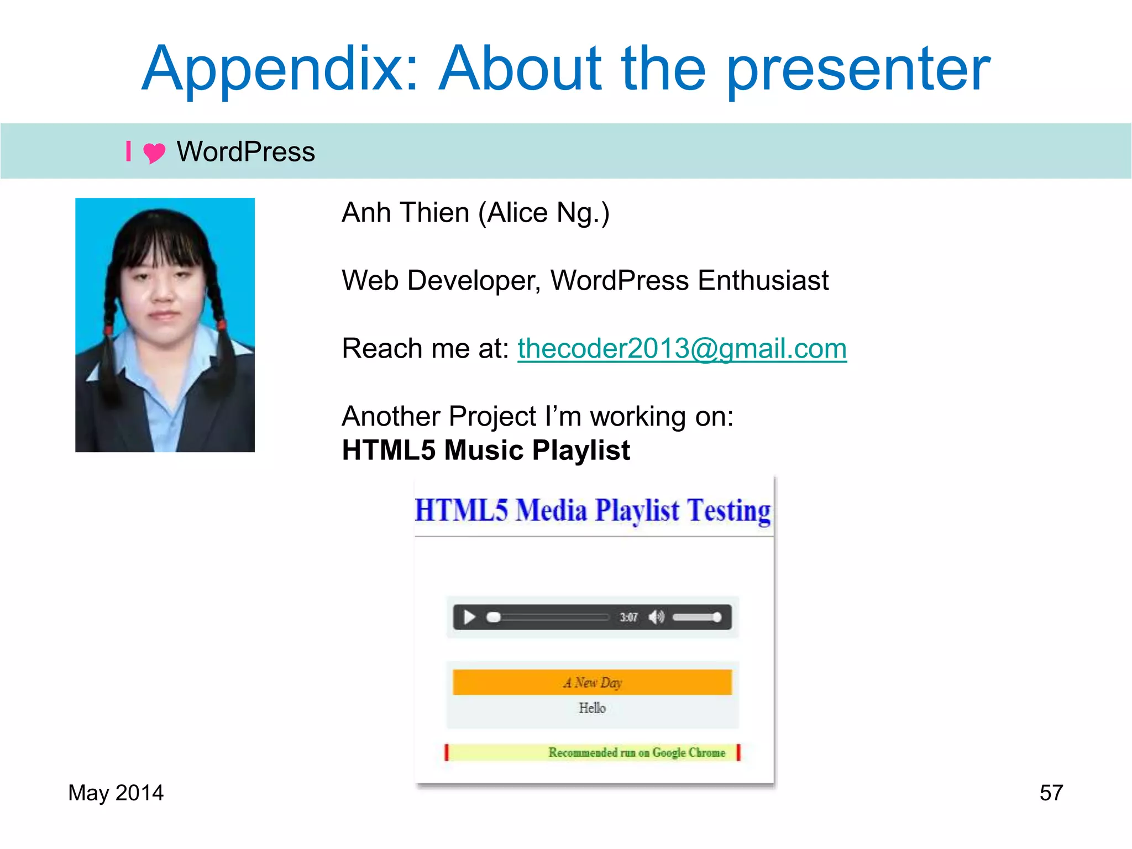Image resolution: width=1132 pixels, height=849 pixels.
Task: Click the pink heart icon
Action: [154, 153]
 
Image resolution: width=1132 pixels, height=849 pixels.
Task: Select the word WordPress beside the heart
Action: [245, 152]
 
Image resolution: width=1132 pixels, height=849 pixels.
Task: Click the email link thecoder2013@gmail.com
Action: [682, 349]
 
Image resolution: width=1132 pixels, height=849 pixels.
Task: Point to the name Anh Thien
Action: [405, 213]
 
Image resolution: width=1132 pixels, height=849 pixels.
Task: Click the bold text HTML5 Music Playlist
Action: [486, 450]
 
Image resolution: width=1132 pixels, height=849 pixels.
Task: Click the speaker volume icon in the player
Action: [656, 617]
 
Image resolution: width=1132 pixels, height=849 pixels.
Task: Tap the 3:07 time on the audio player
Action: [628, 617]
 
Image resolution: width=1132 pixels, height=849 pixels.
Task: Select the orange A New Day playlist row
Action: [592, 683]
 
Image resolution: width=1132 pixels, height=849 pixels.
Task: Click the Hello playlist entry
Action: [592, 708]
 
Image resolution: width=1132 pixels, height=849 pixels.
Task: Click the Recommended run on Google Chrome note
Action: [636, 753]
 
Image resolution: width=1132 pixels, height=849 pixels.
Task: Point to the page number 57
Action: [1051, 793]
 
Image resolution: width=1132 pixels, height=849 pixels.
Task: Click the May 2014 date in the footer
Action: [116, 793]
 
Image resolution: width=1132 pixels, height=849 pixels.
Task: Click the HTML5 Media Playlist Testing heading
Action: [593, 510]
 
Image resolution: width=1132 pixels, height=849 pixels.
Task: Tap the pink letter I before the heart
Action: [128, 151]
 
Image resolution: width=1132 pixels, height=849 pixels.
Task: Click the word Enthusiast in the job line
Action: [763, 281]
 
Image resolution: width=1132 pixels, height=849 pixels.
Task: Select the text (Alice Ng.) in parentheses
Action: [544, 213]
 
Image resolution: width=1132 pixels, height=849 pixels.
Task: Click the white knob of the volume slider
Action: [717, 617]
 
